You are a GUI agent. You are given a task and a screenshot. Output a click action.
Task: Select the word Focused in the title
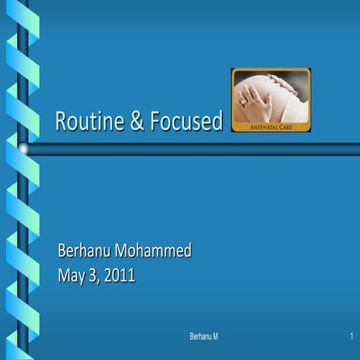point(185,121)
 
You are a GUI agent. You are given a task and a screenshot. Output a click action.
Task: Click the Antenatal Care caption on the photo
point(270,127)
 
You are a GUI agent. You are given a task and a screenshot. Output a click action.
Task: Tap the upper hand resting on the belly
point(262,85)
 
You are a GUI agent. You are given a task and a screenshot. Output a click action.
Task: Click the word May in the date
point(72,275)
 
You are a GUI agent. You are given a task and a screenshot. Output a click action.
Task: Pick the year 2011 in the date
point(120,275)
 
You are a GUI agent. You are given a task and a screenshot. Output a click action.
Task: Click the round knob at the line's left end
point(23,149)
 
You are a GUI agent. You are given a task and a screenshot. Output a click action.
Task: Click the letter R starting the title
point(61,121)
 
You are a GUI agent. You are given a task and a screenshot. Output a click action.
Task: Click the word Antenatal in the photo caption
point(263,127)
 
